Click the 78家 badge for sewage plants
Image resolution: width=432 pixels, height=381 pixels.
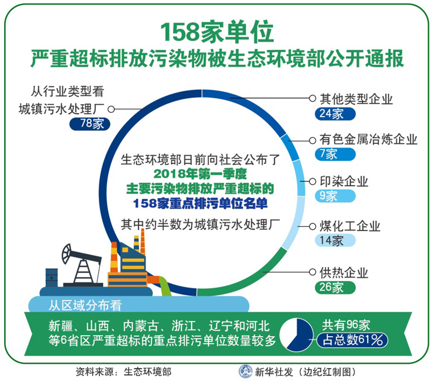[90, 124]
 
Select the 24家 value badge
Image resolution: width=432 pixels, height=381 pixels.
[335, 113]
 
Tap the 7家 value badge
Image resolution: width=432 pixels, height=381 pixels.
[335, 154]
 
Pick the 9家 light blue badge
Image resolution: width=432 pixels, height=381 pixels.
[335, 196]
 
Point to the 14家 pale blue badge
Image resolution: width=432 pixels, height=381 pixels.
[335, 240]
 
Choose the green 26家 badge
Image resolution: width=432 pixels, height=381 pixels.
[335, 288]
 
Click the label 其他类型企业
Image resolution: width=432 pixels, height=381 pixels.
[356, 99]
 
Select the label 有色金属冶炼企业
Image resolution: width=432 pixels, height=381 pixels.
[368, 139]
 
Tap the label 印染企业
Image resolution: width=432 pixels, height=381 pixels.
[344, 182]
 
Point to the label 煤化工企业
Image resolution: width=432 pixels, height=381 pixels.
[350, 226]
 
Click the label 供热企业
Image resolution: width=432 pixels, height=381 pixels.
[344, 273]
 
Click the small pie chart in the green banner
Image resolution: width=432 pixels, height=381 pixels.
[296, 335]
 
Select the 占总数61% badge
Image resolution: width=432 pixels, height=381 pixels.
[352, 340]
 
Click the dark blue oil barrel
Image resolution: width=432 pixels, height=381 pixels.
[51, 278]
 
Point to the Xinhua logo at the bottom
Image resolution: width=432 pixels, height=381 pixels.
[245, 371]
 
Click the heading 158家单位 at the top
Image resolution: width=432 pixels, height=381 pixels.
[217, 32]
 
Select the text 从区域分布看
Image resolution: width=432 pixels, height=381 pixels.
[85, 305]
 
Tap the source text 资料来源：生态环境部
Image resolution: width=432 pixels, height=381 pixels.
[124, 372]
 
